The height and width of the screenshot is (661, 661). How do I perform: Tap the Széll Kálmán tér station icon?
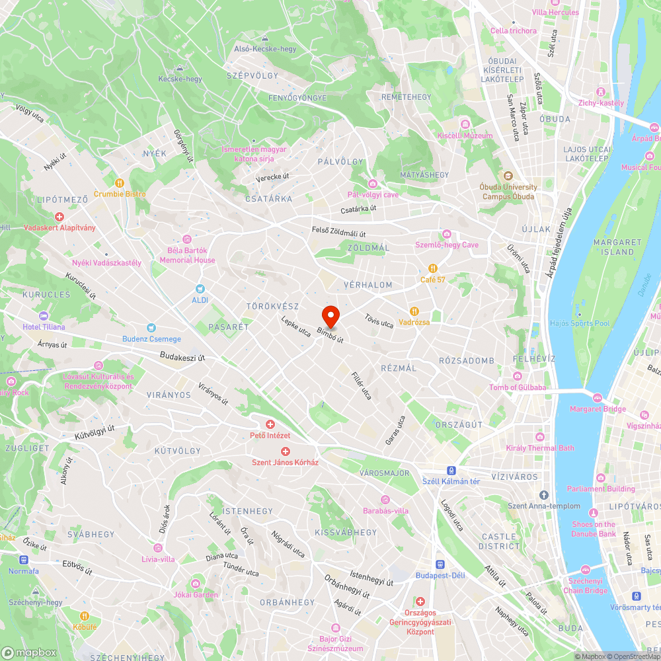point(451,471)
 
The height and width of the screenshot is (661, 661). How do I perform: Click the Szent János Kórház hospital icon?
point(286,451)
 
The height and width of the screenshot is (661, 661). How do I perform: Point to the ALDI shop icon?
point(201,289)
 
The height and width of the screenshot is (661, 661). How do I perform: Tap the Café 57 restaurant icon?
point(432,268)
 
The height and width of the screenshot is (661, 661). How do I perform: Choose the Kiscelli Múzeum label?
point(465,136)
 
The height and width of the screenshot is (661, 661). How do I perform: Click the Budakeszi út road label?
point(182,357)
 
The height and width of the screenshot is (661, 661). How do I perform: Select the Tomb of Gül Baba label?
point(518,387)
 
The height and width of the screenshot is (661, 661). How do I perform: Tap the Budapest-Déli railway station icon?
point(440,564)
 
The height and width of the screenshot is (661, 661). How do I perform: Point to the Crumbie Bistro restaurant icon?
point(120,183)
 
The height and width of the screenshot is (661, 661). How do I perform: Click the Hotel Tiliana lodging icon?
point(44,316)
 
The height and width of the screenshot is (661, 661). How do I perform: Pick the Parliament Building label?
point(600,489)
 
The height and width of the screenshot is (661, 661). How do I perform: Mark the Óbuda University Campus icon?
point(508,176)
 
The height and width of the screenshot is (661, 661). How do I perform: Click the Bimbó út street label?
point(330,334)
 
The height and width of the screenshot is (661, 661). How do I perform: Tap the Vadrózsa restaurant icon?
point(414,311)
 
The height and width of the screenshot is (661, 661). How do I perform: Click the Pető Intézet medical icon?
point(270,424)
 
